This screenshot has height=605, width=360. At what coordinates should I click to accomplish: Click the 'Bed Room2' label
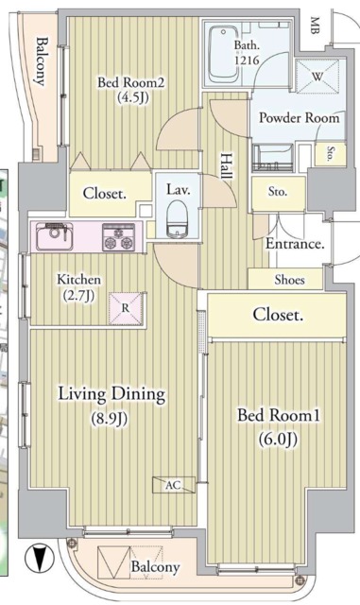131,82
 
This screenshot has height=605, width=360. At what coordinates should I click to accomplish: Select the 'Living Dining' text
111,393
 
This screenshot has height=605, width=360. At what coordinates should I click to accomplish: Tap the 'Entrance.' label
295,244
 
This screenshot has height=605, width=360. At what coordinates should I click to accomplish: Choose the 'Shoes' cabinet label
289,280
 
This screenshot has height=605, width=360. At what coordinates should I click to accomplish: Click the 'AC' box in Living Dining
173,484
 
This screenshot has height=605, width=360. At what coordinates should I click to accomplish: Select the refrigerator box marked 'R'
125,305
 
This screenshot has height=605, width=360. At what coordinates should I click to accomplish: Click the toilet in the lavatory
177,225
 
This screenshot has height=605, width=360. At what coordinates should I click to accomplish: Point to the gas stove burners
119,237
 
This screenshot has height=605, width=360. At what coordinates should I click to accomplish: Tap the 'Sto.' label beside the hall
277,192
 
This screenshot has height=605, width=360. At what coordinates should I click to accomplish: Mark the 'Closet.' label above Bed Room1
277,315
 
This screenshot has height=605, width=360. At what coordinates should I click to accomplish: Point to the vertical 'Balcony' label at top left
41,61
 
